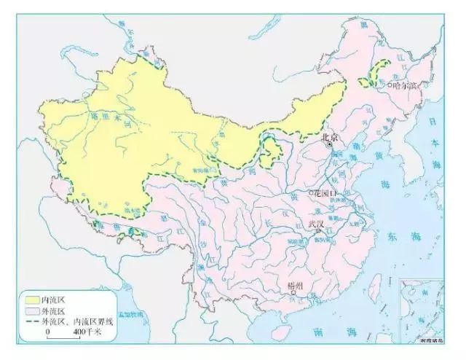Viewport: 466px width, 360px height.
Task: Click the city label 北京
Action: coord(331,136)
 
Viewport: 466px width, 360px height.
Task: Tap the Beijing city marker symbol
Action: coord(330,145)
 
